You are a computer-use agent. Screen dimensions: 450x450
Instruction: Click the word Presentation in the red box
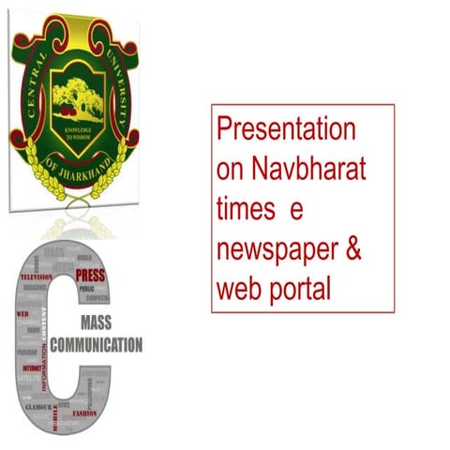285,127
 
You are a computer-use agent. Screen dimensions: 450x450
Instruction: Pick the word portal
298,291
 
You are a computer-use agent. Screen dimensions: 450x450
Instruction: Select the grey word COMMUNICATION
98,344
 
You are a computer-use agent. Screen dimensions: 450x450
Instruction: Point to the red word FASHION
85,412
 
